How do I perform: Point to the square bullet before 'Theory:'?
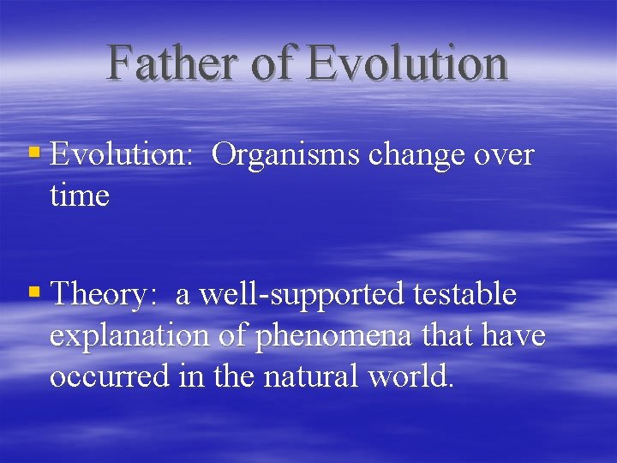(34, 293)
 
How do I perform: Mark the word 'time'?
(80, 196)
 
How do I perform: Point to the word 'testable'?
(465, 295)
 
